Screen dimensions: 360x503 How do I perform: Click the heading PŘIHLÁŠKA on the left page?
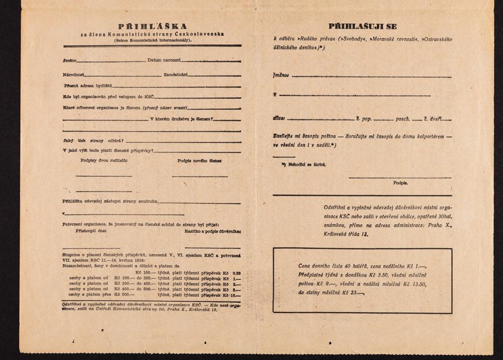152,26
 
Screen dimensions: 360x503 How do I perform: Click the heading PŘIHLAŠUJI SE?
363,26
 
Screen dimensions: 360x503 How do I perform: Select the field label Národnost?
73,74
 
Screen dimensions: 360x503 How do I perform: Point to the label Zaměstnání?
176,74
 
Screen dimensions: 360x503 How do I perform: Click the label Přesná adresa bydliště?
88,85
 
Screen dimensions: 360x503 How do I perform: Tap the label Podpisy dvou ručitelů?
104,161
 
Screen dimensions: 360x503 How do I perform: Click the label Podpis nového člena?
200,161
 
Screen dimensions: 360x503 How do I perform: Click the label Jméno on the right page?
281,76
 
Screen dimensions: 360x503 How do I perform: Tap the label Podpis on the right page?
400,183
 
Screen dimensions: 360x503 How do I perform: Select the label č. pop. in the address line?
364,119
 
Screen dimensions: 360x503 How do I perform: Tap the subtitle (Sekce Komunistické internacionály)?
152,40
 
